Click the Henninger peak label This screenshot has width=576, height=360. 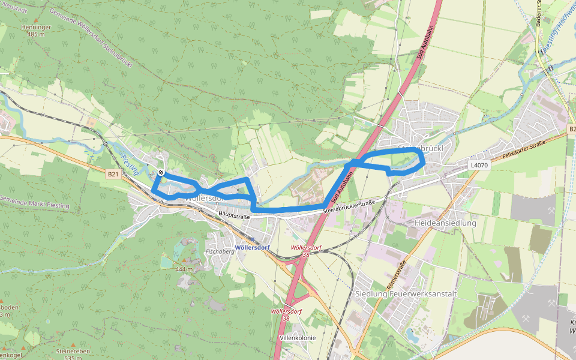(x=36, y=28)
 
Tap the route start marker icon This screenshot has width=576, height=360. (x=161, y=173)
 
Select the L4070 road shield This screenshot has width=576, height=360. (x=479, y=164)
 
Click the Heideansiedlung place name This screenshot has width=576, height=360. (x=445, y=223)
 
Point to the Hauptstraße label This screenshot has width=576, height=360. (x=234, y=214)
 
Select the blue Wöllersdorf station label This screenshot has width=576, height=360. (x=252, y=247)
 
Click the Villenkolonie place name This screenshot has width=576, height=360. (x=298, y=338)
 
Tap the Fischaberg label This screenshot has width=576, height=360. (x=219, y=251)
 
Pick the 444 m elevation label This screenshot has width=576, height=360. (x=184, y=269)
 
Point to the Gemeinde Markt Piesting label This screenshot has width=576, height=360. (x=34, y=202)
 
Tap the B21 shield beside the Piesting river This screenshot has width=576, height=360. (x=112, y=174)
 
